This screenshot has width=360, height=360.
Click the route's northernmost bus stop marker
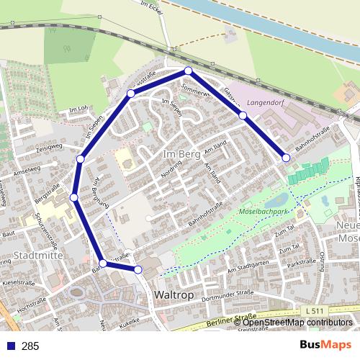[x=188, y=71]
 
